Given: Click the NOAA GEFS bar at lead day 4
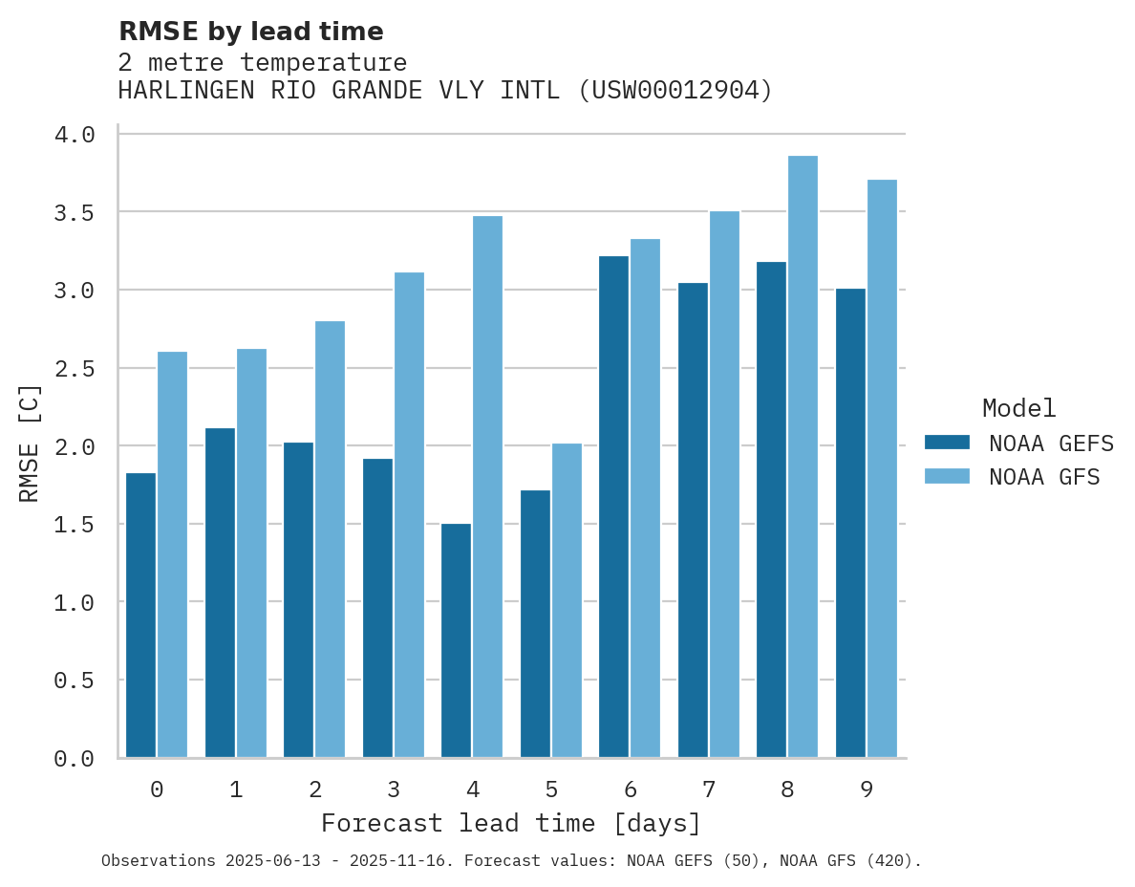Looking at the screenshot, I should click(x=456, y=640).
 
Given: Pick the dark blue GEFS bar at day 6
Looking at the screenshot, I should click(x=613, y=507).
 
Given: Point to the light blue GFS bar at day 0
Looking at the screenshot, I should click(x=172, y=554).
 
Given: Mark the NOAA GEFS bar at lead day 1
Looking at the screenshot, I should click(x=220, y=593).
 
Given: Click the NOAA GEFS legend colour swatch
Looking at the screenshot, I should click(x=947, y=443).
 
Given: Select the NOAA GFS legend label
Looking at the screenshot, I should click(x=1044, y=477).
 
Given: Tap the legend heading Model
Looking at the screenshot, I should click(x=1019, y=409).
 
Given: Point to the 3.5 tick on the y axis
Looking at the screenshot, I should click(x=74, y=212).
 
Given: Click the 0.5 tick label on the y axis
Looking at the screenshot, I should click(x=74, y=681).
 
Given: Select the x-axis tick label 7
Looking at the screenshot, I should click(x=708, y=790).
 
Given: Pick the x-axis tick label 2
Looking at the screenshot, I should click(x=314, y=790).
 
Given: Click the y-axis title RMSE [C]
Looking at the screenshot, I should click(x=30, y=443).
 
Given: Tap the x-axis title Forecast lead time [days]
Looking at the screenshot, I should click(x=511, y=824).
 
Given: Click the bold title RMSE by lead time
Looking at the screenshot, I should click(x=250, y=32).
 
